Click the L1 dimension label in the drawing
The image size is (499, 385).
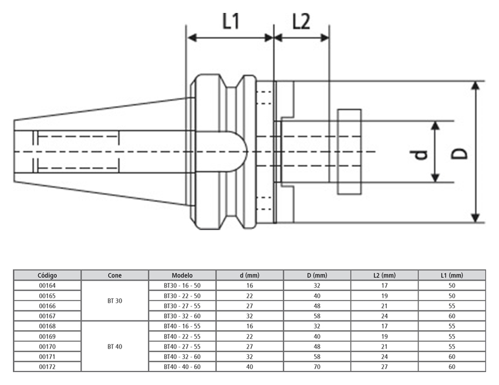click(230, 22)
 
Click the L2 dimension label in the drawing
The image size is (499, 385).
click(301, 22)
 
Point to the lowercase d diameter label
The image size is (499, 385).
click(418, 154)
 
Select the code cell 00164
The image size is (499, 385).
click(47, 285)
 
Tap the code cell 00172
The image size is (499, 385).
click(47, 366)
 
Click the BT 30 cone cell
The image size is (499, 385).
click(114, 300)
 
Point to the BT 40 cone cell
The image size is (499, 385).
click(114, 346)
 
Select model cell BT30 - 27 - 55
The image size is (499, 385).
click(182, 306)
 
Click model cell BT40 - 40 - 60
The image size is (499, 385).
click(182, 366)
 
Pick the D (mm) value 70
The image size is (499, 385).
click(317, 366)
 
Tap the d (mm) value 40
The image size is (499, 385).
click(249, 366)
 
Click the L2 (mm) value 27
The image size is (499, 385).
click(385, 366)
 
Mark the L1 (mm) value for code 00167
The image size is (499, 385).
click(451, 316)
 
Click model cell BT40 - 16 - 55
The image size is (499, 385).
click(182, 326)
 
